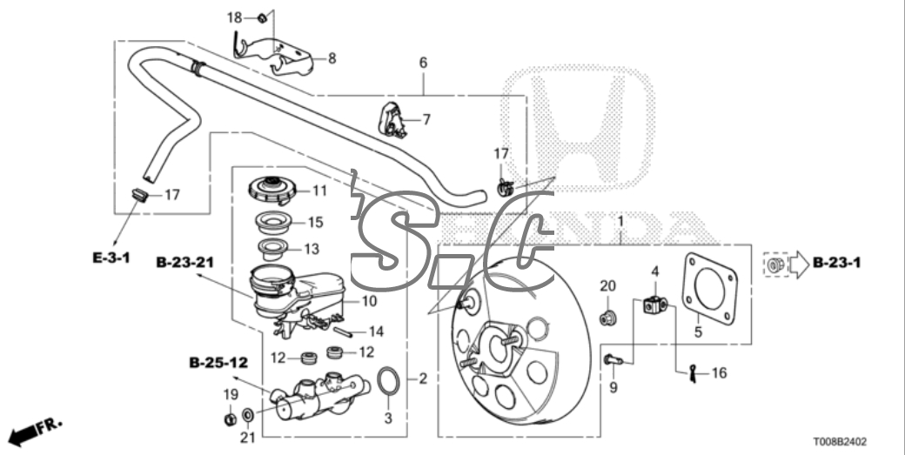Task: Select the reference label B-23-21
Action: tap(186, 261)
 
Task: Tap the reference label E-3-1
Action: tap(113, 257)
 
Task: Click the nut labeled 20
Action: tap(608, 315)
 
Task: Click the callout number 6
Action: tap(423, 63)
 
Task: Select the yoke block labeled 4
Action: tap(655, 304)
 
